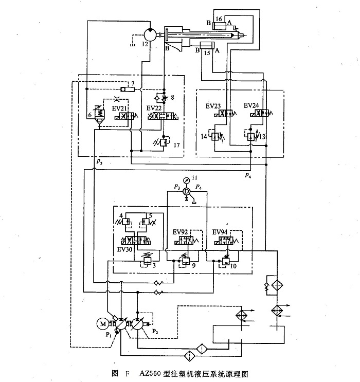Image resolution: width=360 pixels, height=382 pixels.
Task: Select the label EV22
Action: (154, 108)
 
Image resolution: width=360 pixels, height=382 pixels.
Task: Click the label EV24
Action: (252, 106)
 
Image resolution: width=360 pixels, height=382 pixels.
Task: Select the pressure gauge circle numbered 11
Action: (187, 179)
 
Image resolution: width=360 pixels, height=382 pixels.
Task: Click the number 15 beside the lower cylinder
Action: (208, 52)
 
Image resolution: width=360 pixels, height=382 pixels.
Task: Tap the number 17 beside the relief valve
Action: (176, 144)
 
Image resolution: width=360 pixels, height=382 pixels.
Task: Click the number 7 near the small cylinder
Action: (133, 83)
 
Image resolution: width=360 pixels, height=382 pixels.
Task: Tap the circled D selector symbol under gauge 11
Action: (187, 191)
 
